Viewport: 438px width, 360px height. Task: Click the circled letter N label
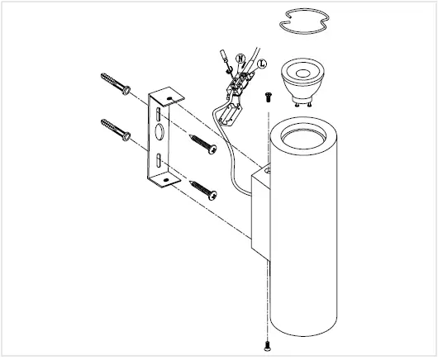coord(240,59)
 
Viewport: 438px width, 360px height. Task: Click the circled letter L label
coord(262,64)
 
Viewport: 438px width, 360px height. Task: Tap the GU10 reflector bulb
coord(302,81)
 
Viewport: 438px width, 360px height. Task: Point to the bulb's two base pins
coord(302,104)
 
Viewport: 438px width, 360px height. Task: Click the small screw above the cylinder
coord(269,97)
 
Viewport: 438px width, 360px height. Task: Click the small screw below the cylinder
coord(267,346)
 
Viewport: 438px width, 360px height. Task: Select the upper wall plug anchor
coord(116,83)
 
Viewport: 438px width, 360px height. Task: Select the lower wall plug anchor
coord(116,130)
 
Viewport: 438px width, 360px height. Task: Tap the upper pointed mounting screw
coord(203,144)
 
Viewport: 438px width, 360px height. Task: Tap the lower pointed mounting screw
coord(203,191)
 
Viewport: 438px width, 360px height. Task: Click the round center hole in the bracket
coord(159,132)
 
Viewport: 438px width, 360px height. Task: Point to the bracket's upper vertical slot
coord(158,114)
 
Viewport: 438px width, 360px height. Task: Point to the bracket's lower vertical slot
coord(159,160)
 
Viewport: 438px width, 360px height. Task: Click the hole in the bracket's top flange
coord(169,98)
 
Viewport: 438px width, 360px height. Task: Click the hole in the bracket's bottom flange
coord(166,180)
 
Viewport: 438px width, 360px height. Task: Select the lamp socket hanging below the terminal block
coord(231,114)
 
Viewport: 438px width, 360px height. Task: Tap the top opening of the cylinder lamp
coord(303,137)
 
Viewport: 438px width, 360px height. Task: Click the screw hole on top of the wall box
coord(267,169)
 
